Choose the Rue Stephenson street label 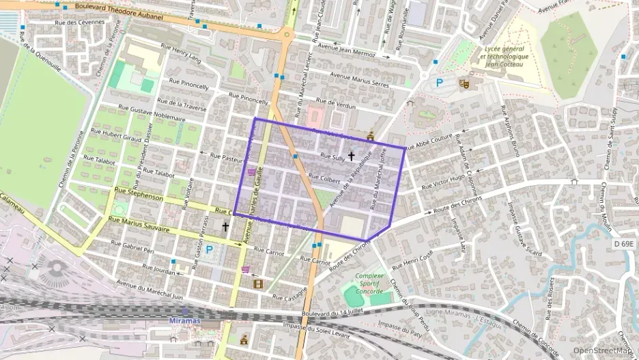[x=139, y=196]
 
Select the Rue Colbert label [x=324, y=178]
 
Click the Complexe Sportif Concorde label [x=369, y=280]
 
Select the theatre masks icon [x=464, y=83]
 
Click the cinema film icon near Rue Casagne [x=258, y=283]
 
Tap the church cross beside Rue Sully [x=352, y=156]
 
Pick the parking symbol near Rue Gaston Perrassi [x=209, y=250]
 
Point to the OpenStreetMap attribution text [x=603, y=350]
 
